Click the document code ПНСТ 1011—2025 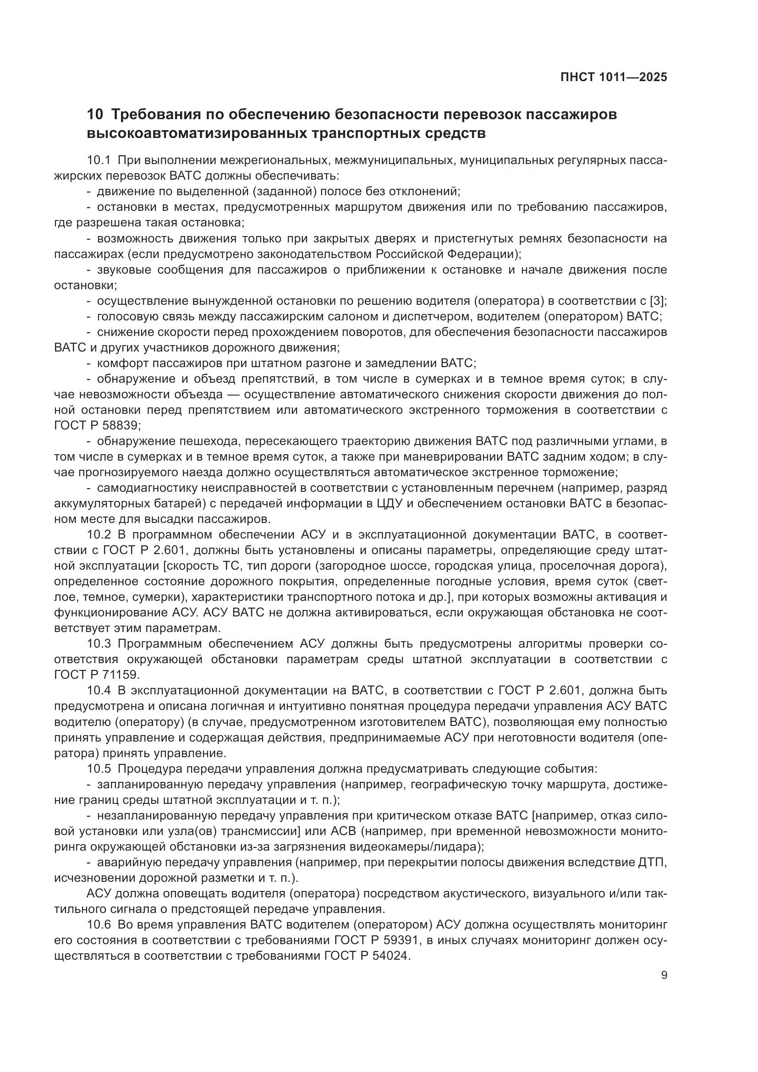coord(613,77)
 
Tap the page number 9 coord(664,975)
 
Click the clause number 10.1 coord(99,160)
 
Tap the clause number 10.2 coord(99,534)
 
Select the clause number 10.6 coord(99,924)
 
